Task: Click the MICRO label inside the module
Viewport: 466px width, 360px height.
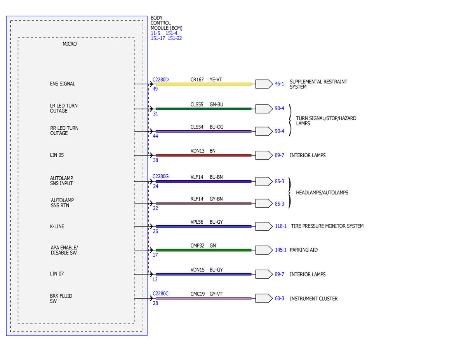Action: click(70, 44)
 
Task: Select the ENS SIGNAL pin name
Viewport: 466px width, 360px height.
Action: click(63, 83)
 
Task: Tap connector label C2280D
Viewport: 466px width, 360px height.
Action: click(160, 80)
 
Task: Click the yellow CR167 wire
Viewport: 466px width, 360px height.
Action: click(203, 84)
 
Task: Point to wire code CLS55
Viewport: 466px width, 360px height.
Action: click(196, 104)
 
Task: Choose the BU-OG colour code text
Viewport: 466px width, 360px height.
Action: click(216, 127)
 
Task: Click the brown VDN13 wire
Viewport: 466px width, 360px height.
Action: click(203, 155)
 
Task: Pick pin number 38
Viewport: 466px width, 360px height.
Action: click(155, 160)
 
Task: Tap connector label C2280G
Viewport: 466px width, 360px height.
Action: click(160, 176)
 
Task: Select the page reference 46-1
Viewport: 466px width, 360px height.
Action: click(280, 83)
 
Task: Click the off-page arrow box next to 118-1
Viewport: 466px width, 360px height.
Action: click(264, 226)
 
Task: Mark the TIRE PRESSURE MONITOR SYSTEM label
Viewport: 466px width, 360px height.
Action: click(327, 226)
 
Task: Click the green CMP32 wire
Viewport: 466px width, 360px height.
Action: click(203, 250)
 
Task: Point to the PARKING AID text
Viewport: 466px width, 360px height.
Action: click(304, 250)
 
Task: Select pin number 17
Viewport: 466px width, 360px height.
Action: click(155, 255)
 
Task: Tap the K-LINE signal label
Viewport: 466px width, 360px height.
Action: click(57, 226)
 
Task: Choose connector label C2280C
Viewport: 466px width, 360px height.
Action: click(160, 294)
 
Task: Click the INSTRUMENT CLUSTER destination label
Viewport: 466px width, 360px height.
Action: click(314, 299)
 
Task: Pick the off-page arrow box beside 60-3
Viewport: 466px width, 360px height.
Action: click(264, 298)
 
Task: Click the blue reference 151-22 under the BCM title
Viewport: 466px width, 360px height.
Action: click(175, 38)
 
